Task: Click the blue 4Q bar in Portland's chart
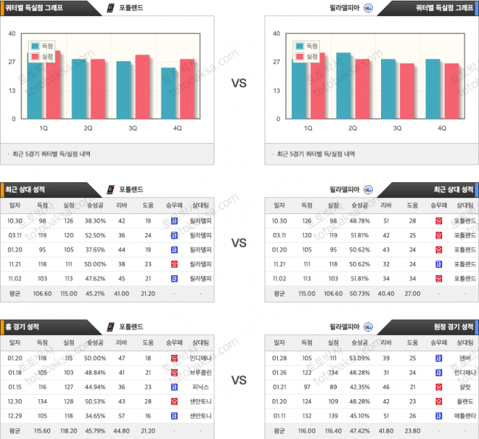pos(169,93)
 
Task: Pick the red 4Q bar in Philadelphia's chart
pos(452,91)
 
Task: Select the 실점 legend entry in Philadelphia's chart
pos(311,56)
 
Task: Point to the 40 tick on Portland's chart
pos(12,33)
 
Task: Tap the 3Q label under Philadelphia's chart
pos(397,128)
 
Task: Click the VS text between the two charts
pos(239,83)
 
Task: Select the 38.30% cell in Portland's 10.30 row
pos(94,221)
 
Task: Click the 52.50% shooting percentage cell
pos(94,235)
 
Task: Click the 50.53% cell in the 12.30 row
pos(94,401)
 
